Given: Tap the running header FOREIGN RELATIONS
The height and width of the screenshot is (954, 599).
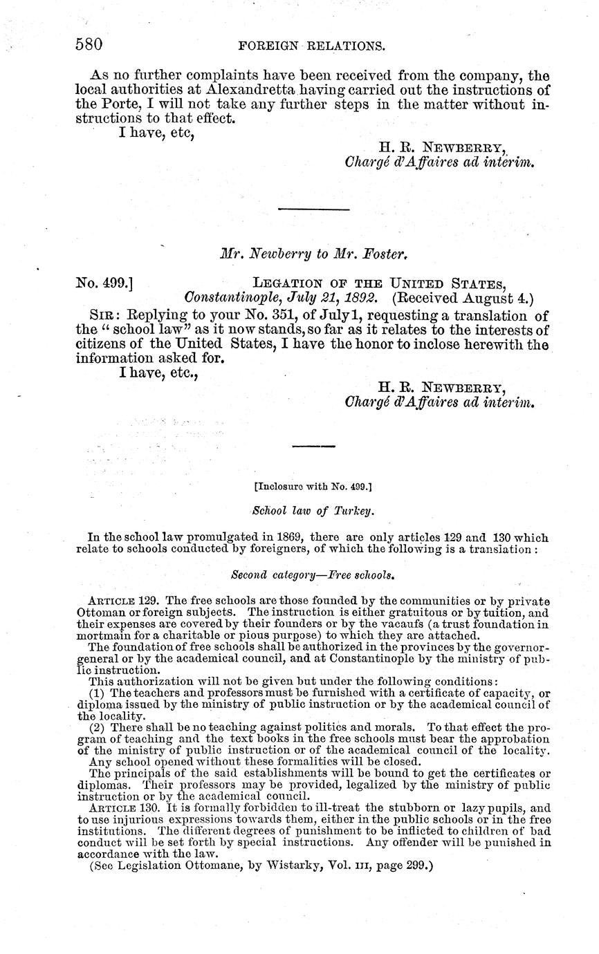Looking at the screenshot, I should pos(311,46).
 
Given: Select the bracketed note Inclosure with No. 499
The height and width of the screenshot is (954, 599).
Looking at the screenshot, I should pos(313,486).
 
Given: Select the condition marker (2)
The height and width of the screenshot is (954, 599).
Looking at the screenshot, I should pos(98,727).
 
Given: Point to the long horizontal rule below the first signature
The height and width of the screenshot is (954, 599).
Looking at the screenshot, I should pos(313,208).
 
